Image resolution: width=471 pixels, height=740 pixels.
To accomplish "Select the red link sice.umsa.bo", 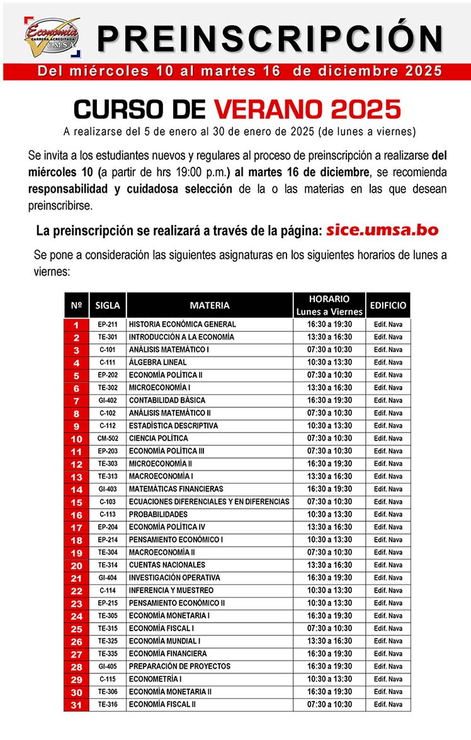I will click(x=382, y=230).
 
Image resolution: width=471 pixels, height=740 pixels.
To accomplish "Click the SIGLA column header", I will click(x=107, y=305).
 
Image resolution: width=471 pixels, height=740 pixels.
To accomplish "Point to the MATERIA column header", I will click(x=210, y=305).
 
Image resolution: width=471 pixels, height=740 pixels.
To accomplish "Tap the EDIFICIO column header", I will click(x=388, y=305).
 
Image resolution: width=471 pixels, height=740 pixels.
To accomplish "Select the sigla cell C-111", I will click(x=107, y=363).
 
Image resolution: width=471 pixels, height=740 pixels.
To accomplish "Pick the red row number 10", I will click(x=76, y=438).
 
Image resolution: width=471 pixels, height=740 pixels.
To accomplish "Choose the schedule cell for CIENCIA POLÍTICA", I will click(x=329, y=438).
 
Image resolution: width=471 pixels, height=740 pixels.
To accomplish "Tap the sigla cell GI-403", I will click(x=107, y=489).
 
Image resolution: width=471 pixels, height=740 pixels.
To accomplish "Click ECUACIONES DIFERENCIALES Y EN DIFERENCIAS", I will click(x=209, y=502).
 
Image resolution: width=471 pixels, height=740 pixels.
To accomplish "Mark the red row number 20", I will click(x=76, y=566).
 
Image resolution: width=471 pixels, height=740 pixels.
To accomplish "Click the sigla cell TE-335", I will click(x=107, y=654).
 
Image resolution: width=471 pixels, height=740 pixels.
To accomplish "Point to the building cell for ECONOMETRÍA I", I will click(x=388, y=679).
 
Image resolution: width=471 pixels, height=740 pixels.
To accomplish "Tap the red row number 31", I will click(x=76, y=705).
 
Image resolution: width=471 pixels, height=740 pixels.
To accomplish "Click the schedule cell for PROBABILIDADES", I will click(x=329, y=515).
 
